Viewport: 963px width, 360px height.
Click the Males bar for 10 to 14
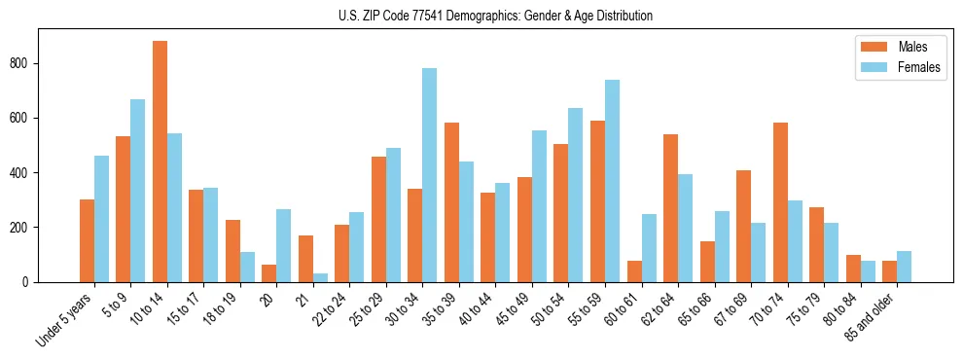click(160, 162)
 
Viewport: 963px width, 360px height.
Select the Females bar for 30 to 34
click(429, 175)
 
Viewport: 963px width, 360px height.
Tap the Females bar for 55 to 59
click(612, 181)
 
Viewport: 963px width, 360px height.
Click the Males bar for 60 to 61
click(634, 271)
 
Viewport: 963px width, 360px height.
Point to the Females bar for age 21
click(320, 278)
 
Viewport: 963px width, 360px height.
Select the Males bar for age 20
click(268, 273)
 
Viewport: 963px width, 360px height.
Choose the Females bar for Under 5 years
click(101, 219)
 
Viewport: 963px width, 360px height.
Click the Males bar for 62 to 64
click(670, 208)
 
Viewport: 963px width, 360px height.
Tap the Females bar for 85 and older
click(904, 267)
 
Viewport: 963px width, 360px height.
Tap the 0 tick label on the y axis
click(30, 282)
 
